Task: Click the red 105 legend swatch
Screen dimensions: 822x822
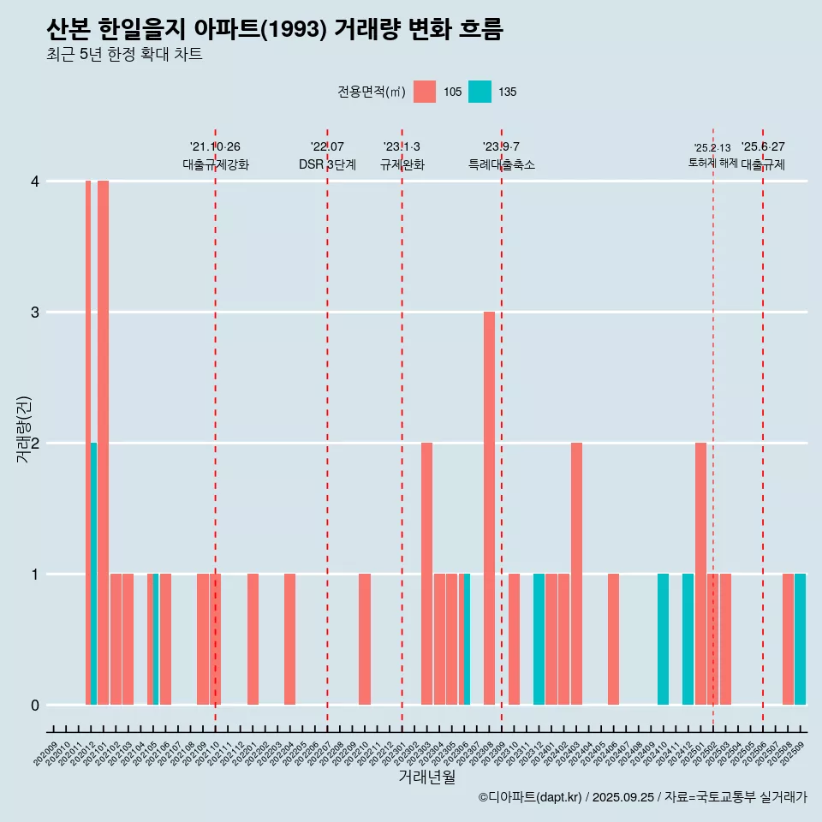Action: click(425, 92)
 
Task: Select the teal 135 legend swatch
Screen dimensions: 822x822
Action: click(480, 92)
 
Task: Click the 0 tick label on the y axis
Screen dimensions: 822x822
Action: click(35, 705)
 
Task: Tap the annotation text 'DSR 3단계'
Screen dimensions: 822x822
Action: click(327, 164)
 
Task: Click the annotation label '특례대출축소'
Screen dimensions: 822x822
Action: click(502, 164)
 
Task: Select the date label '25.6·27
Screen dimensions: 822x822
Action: click(763, 146)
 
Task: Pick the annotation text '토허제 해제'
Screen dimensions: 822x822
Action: click(712, 163)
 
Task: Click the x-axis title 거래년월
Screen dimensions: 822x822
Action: click(426, 777)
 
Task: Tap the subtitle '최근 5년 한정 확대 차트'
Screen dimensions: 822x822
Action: click(124, 55)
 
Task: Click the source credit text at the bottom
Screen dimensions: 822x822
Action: click(642, 797)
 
